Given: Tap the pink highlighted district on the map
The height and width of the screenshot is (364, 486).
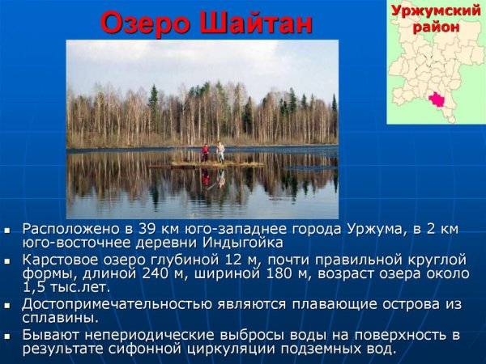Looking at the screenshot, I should (x=438, y=99).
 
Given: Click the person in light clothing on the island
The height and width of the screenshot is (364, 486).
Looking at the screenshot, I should (x=220, y=151).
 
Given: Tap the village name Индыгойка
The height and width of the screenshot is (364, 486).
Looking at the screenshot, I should (x=245, y=243).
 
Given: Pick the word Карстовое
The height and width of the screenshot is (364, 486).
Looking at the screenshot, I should (x=59, y=260).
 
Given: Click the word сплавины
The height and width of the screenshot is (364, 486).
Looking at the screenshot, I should (x=60, y=318).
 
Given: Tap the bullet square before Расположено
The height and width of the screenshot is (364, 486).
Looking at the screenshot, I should (x=7, y=231).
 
